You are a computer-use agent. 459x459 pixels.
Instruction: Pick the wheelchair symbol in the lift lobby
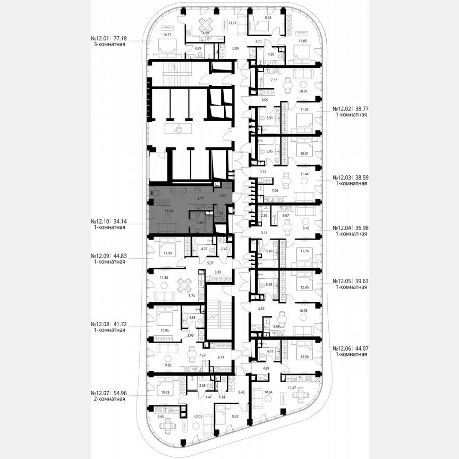tap(178, 128)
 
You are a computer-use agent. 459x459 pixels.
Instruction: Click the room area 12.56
tap(303, 356)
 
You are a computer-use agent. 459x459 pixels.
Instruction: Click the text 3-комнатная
tap(108, 45)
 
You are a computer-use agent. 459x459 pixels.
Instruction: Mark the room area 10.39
tap(303, 91)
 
